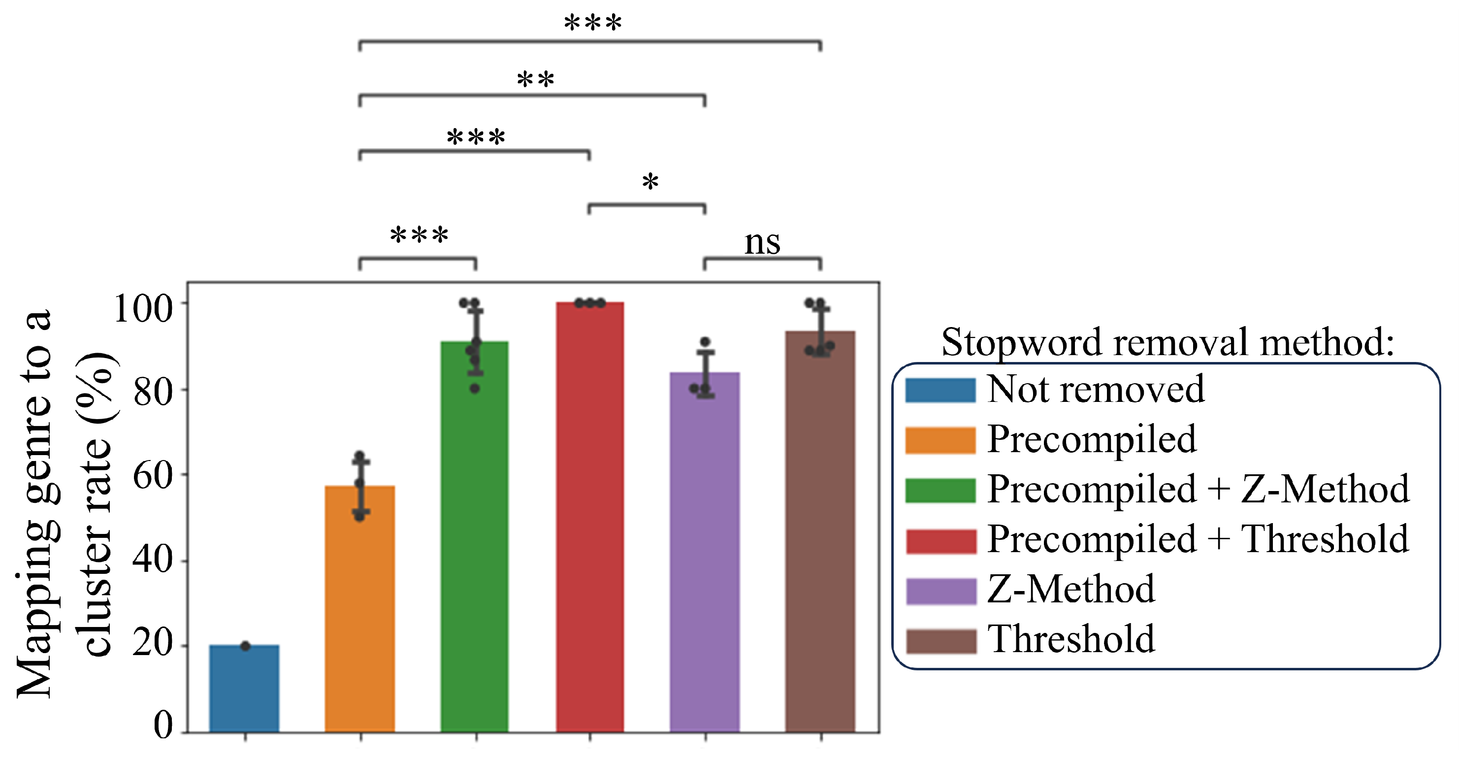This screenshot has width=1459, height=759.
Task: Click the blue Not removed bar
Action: [244, 688]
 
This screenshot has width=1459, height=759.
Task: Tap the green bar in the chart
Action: [475, 538]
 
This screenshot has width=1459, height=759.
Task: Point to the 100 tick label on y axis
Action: [143, 309]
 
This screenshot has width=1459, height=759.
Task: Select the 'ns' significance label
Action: [762, 242]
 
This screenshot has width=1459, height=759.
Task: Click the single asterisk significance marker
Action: [650, 183]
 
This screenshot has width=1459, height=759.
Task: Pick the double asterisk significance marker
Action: [535, 80]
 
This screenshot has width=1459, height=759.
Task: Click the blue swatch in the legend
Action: [940, 390]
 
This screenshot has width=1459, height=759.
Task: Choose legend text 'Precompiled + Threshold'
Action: [1198, 539]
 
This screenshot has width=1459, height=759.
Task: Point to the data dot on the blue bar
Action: [245, 646]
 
